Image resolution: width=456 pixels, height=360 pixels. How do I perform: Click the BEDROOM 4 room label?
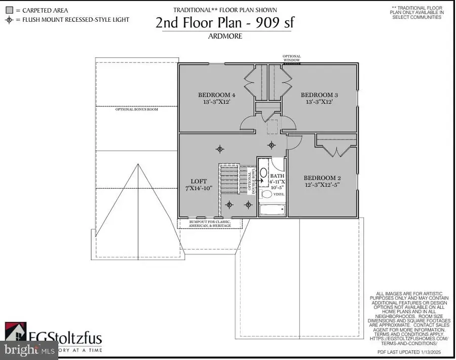(x=216, y=95)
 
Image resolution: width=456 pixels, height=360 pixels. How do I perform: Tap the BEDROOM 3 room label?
(x=319, y=95)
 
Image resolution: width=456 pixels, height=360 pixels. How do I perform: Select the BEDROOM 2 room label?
(x=322, y=178)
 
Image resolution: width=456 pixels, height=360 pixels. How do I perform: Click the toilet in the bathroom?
(x=267, y=194)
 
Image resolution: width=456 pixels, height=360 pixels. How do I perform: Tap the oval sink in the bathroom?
(x=263, y=173)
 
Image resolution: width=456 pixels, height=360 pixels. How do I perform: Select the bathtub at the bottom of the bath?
(x=272, y=209)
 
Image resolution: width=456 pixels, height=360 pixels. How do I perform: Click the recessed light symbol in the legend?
(x=9, y=20)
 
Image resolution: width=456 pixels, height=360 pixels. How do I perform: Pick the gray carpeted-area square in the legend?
(x=9, y=10)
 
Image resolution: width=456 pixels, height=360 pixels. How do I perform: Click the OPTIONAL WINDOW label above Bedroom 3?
(x=291, y=58)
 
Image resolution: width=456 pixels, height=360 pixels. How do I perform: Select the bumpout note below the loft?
(x=210, y=224)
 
